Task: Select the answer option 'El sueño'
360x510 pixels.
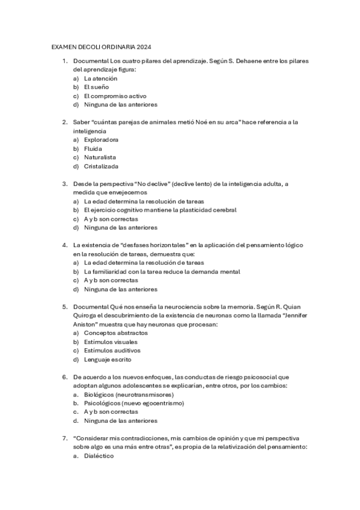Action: (x=96, y=87)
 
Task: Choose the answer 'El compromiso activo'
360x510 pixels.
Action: (x=115, y=96)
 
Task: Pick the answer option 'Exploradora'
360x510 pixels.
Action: (x=101, y=140)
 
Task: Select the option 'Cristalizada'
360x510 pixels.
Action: (x=101, y=166)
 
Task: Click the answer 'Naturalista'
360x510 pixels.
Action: (x=100, y=157)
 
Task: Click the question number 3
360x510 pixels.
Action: (x=65, y=183)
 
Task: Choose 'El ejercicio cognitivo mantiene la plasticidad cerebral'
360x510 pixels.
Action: (x=160, y=210)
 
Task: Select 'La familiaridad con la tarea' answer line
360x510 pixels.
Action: (x=162, y=271)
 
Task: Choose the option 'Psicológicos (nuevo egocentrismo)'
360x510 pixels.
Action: (x=134, y=403)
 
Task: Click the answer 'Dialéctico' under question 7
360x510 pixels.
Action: (x=99, y=456)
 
